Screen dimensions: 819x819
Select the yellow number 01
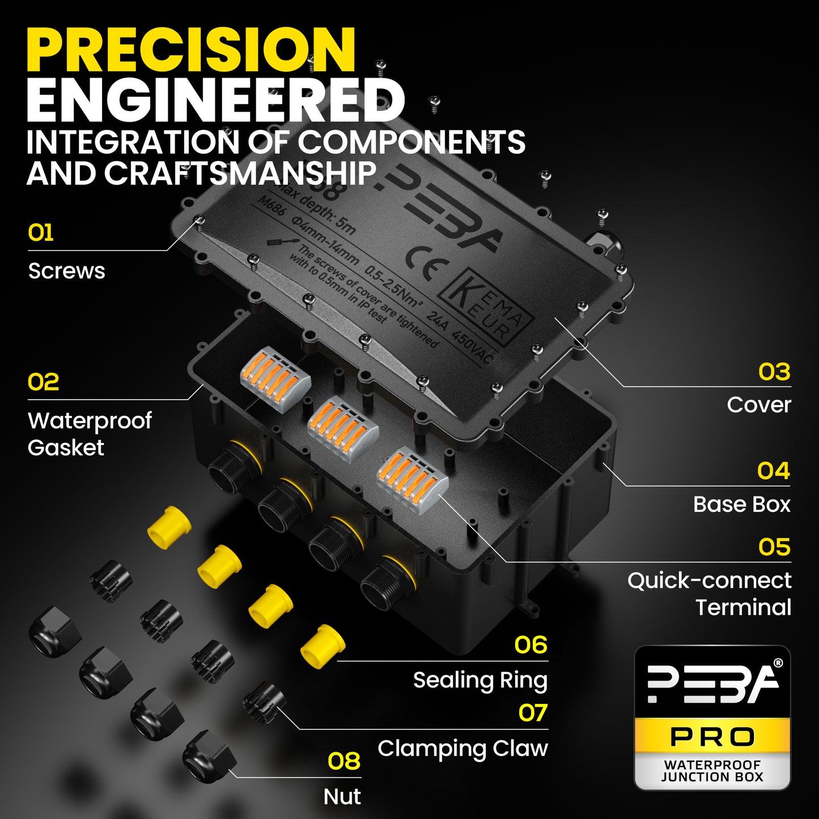pos(41,233)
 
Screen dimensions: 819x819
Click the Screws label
pos(67,271)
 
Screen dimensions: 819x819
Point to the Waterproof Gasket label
pos(90,434)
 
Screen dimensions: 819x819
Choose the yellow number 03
pos(774,372)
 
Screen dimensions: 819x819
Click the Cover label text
pos(759,405)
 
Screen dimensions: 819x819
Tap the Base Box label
pos(741,504)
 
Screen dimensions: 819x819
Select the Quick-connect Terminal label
pos(710,593)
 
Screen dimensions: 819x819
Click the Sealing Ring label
pos(480,680)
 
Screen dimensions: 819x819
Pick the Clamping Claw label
pos(462,748)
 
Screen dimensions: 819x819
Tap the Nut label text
pos(342,796)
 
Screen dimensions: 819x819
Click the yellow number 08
pos(344,761)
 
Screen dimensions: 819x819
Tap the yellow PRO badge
pos(712,737)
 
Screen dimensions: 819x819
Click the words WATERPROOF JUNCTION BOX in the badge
pos(712,771)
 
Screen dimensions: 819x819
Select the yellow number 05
pos(774,547)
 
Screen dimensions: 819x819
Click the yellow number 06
pos(531,645)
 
